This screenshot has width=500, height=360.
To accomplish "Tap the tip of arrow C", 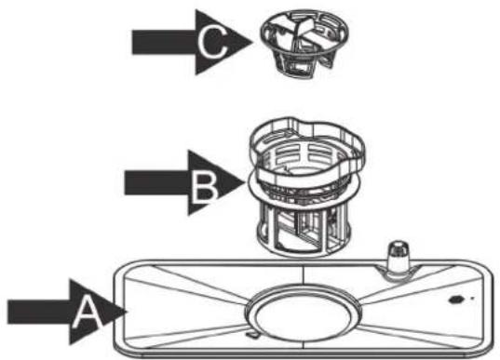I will click(254, 39).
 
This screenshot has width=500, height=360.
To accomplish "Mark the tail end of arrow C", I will click(134, 39).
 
